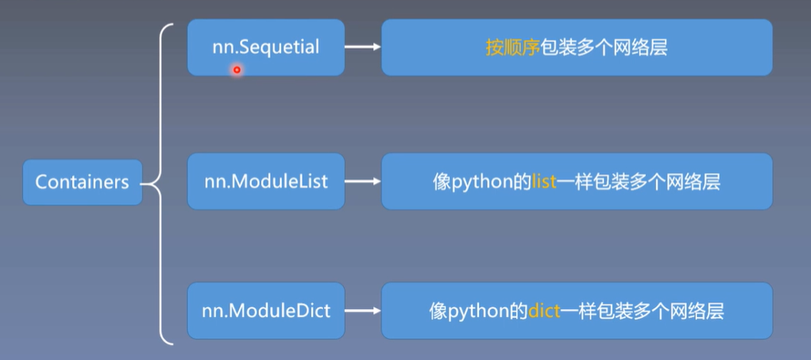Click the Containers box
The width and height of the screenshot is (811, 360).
click(83, 182)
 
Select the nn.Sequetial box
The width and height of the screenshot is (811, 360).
click(265, 48)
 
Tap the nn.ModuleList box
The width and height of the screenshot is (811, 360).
click(265, 181)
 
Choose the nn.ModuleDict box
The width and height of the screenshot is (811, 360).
click(265, 310)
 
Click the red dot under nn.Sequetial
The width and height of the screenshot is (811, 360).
click(236, 70)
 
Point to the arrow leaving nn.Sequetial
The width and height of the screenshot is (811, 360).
click(363, 48)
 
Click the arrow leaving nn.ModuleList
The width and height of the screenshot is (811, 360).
click(363, 181)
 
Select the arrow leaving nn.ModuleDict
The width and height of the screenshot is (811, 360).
click(363, 310)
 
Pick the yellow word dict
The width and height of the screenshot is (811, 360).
click(545, 311)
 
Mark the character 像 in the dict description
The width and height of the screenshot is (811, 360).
click(438, 311)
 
